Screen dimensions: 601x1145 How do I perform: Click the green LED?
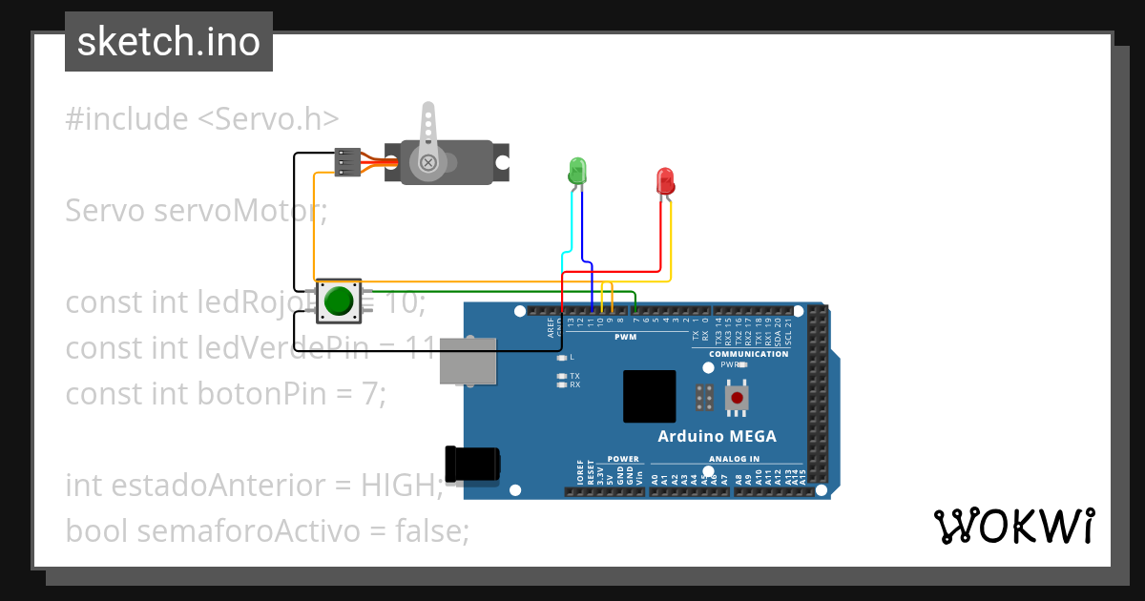576,171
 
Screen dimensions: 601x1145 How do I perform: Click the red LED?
665,180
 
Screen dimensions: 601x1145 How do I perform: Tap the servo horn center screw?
428,163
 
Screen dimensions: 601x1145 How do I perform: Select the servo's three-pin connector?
348,162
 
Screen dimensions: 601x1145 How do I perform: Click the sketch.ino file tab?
169,42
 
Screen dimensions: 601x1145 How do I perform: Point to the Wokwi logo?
1014,526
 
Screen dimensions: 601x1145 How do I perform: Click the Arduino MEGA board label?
717,436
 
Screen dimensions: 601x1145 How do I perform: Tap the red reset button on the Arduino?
736,396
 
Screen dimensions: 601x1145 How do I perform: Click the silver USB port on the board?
468,360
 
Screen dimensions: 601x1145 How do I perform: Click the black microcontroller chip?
649,396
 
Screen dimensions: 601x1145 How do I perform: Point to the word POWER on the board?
623,459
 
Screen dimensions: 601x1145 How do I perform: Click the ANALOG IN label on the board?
734,459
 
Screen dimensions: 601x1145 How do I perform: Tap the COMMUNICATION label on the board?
749,354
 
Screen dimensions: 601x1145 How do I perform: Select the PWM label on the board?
625,338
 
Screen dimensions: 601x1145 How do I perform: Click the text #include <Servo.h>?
202,119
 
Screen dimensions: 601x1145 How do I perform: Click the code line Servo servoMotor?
196,211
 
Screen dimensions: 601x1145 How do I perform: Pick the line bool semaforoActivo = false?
267,530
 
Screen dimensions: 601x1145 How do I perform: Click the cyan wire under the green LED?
571,229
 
